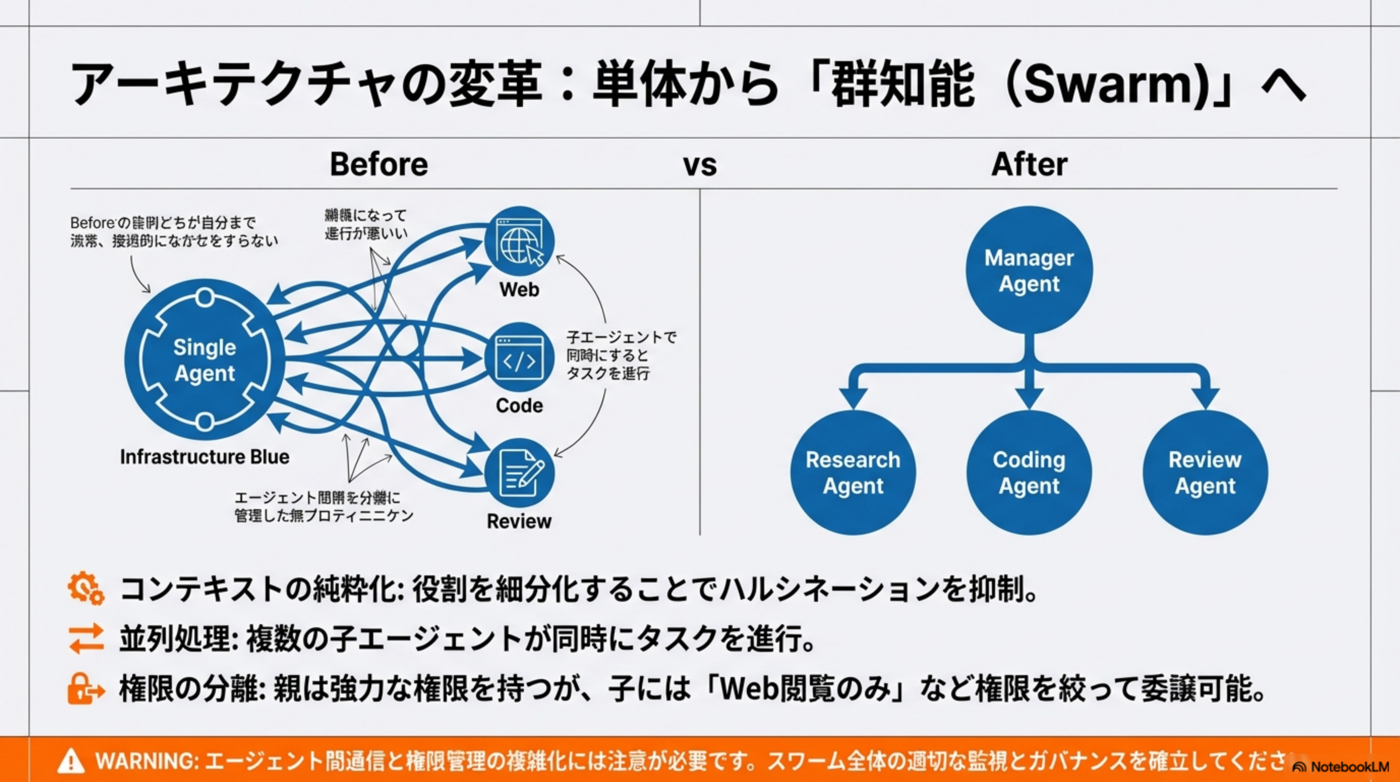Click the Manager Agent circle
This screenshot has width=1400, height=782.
[1029, 270]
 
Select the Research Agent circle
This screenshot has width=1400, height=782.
[853, 472]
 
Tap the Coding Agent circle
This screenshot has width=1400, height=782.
[1029, 472]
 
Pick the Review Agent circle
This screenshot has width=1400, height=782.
[1205, 472]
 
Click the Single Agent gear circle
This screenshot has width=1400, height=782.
[205, 359]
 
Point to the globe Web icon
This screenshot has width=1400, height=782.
[519, 241]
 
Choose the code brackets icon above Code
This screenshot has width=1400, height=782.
[519, 357]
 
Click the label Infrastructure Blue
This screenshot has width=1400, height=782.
[205, 457]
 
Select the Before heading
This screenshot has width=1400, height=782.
[379, 164]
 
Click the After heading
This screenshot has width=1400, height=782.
[1029, 164]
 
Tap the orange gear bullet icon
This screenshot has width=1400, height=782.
[86, 589]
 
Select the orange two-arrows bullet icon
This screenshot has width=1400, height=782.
[86, 638]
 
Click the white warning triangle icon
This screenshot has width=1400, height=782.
[71, 761]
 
